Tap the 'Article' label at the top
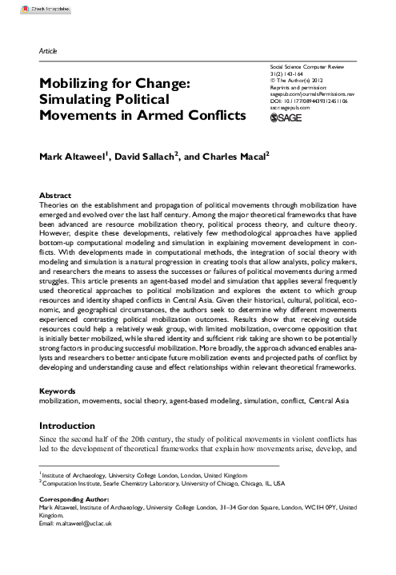(49, 50)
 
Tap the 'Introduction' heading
(72, 426)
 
